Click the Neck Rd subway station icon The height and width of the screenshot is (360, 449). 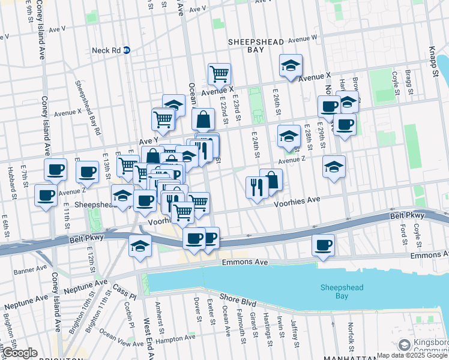tap(127, 50)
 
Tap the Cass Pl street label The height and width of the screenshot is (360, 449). tap(125, 293)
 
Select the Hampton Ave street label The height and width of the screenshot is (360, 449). tap(175, 338)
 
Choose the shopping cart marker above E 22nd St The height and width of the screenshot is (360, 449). tap(220, 74)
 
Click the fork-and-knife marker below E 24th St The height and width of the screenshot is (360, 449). tap(256, 188)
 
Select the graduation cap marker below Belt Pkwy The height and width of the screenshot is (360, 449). tap(140, 246)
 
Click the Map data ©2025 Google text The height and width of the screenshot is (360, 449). tap(412, 355)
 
